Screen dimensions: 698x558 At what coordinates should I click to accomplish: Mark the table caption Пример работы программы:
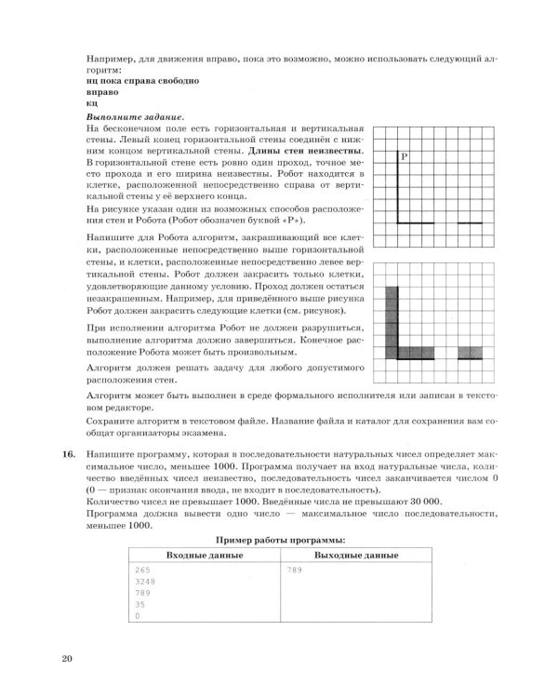(x=280, y=540)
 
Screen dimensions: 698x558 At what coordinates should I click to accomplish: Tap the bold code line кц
(x=89, y=103)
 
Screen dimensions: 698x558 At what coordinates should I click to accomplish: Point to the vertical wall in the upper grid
(x=397, y=186)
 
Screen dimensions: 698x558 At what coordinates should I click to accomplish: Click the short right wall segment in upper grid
(x=471, y=223)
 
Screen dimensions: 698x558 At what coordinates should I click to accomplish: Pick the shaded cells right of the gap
(x=471, y=353)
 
